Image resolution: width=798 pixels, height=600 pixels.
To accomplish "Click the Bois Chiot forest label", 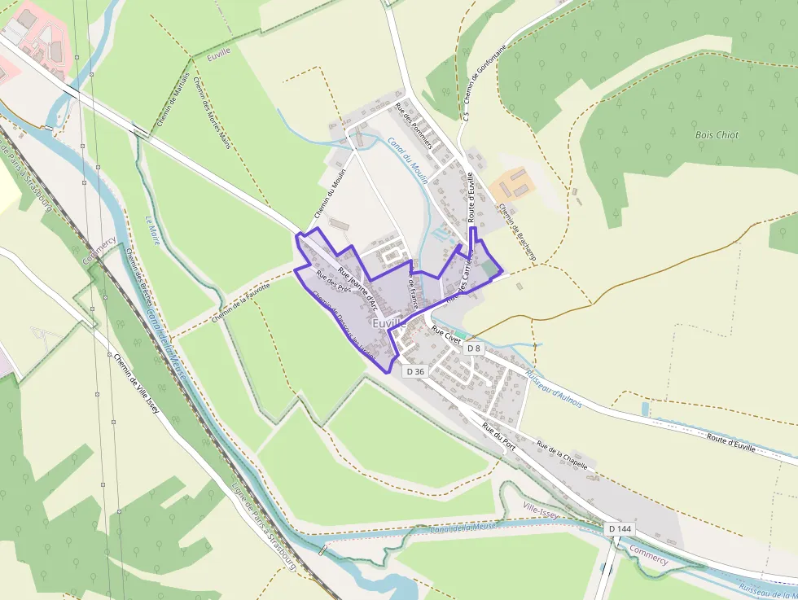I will (x=717, y=135).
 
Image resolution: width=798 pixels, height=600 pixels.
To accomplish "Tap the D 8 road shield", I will (x=474, y=348).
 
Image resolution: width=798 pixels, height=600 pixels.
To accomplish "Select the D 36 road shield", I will (x=415, y=371).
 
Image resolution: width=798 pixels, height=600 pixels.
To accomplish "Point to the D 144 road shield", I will (x=620, y=529).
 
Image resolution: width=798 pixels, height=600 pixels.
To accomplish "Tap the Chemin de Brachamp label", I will (x=515, y=227).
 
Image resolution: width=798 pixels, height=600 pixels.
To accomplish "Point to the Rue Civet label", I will (x=446, y=333).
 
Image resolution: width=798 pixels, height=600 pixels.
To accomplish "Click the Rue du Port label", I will (x=498, y=436).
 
